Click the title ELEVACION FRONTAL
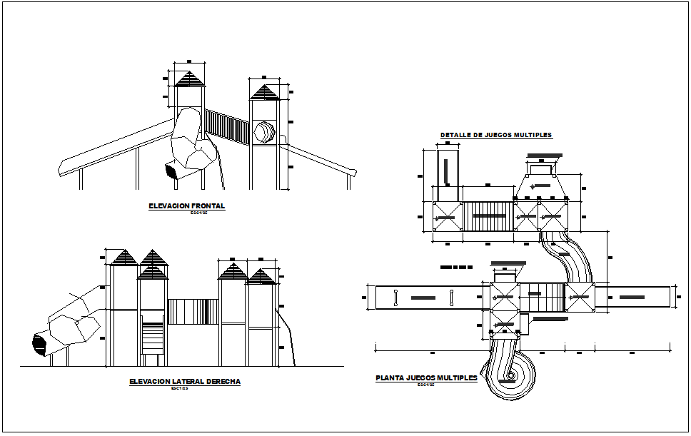click(x=186, y=206)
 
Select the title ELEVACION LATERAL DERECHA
click(x=185, y=382)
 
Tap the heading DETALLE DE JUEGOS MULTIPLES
click(x=495, y=135)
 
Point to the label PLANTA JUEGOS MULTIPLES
click(x=426, y=378)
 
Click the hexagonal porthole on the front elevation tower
click(x=263, y=133)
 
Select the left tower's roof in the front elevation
click(x=189, y=78)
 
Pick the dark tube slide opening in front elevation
click(x=171, y=171)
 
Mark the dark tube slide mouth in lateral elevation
click(x=39, y=344)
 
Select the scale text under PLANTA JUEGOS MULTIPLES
click(x=426, y=385)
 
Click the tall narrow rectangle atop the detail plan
click(x=448, y=171)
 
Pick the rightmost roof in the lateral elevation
click(x=261, y=277)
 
